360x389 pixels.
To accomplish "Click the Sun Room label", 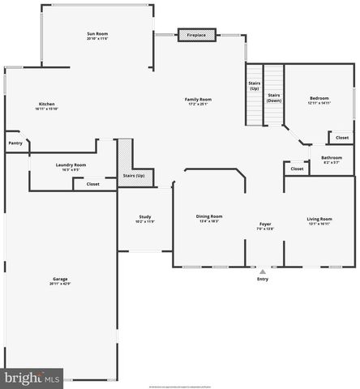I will [97, 33].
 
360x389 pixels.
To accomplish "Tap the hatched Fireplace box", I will [196, 36].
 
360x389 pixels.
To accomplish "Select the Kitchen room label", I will [47, 104].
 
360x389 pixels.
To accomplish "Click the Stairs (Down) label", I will [274, 97].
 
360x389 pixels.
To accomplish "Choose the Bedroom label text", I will [319, 99].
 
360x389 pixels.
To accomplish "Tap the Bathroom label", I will [331, 157].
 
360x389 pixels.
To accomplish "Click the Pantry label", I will [15, 143].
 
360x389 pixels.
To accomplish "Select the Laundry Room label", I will [71, 165].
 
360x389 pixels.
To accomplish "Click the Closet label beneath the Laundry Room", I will [92, 184].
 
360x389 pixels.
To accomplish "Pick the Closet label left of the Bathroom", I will [297, 169].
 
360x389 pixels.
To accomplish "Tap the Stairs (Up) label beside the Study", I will [134, 176].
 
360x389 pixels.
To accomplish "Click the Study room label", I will [144, 216].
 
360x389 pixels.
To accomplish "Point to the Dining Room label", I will [209, 216].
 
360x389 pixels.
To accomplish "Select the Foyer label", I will [265, 224].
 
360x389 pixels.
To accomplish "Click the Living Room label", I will [319, 219].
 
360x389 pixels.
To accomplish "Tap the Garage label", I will [60, 280].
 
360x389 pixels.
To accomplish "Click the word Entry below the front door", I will [262, 279].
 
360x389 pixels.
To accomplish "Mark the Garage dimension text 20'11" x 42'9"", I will [60, 284].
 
